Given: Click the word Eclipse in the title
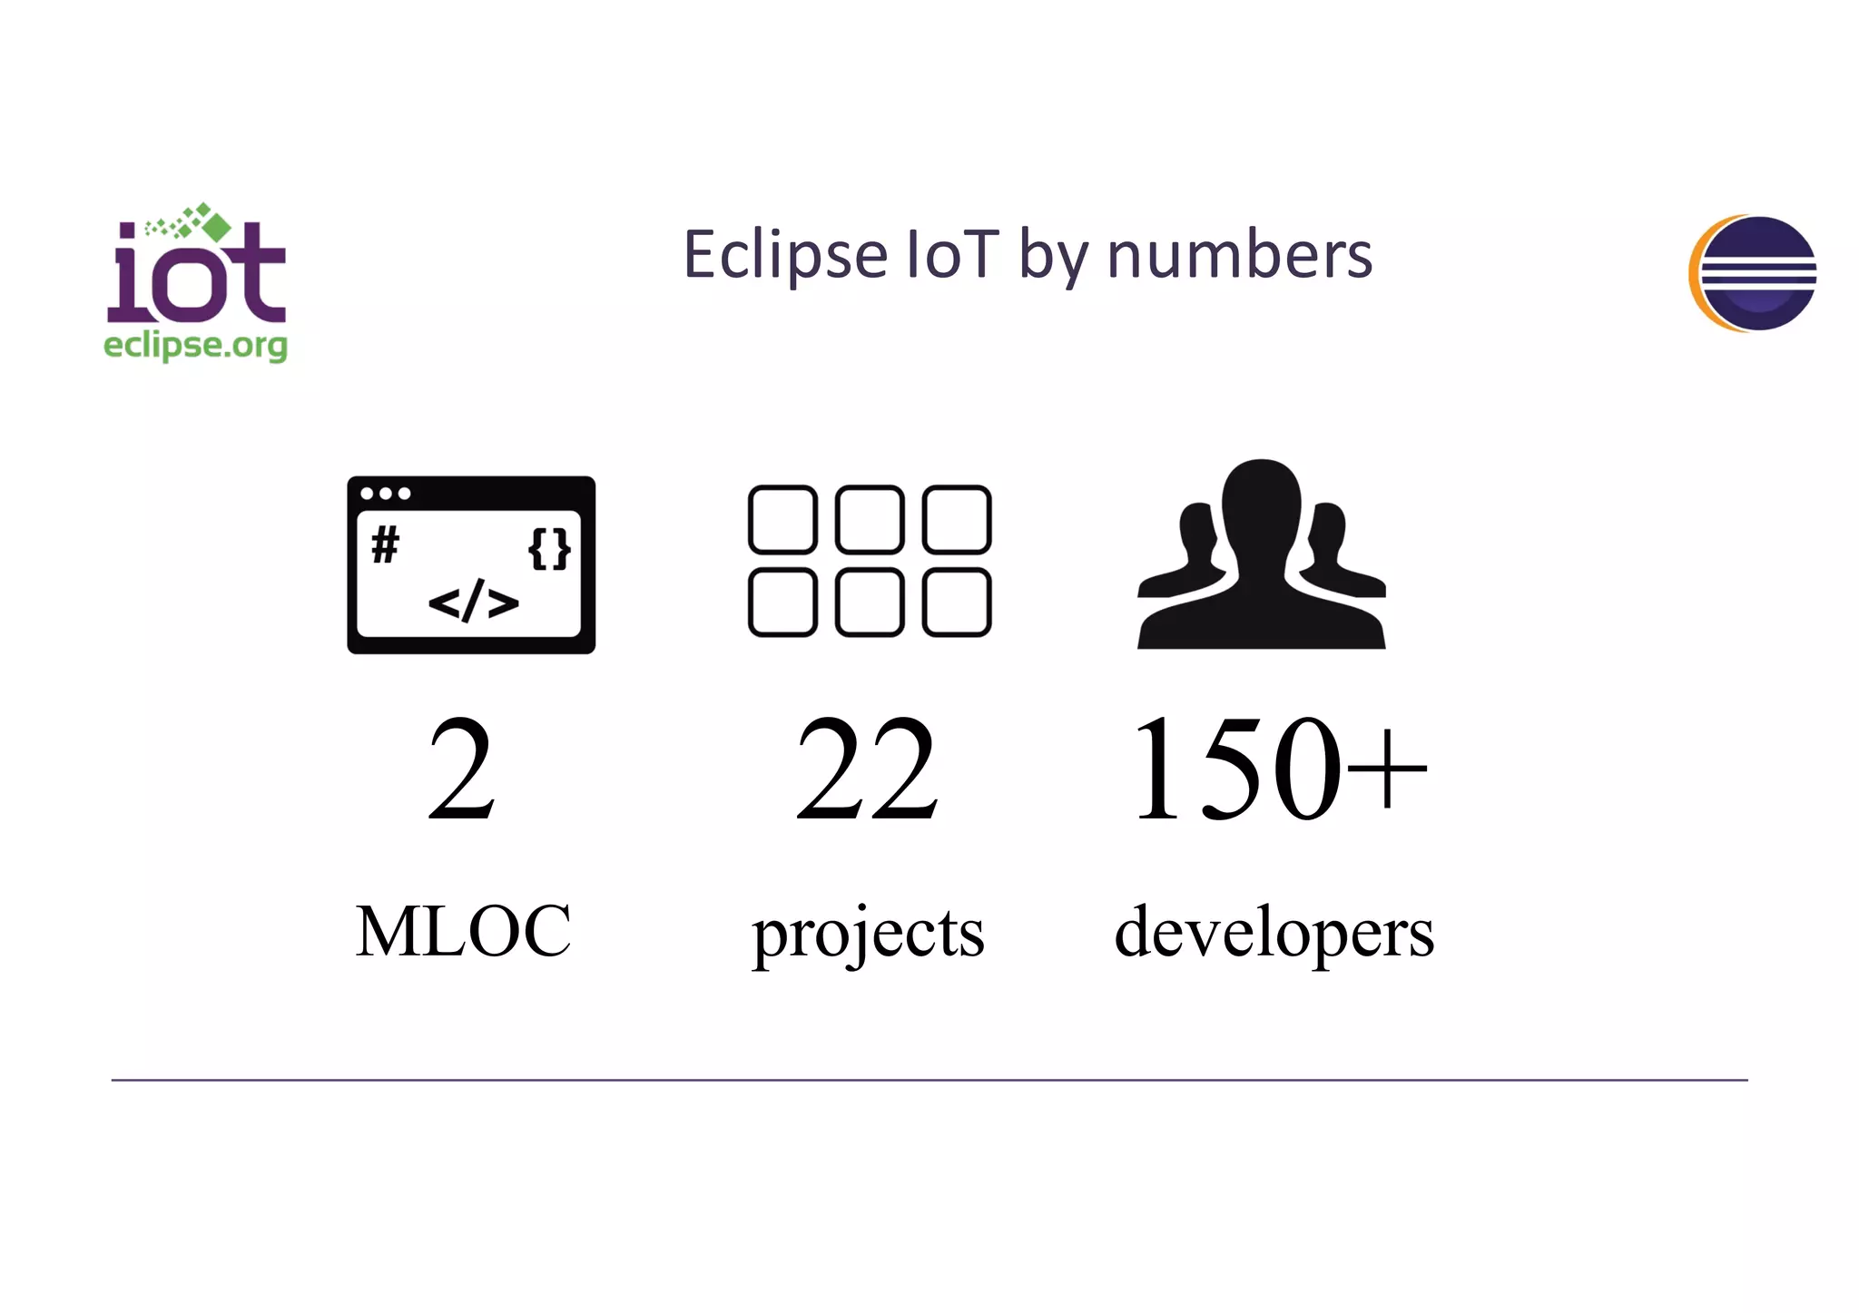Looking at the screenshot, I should coord(785,256).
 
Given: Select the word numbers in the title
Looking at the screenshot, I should coord(1239,256).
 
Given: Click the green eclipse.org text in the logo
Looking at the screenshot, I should coord(195,347).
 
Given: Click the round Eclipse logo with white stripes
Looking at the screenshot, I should coord(1754,273).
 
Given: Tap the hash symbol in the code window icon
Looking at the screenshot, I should coord(385,545).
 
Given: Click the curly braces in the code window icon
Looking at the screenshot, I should coord(549,549).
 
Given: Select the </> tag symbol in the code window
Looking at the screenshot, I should coord(473,602).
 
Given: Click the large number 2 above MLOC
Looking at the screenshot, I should coord(462,769).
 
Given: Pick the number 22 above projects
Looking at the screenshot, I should coord(867,769).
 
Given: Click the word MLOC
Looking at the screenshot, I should coord(463,931).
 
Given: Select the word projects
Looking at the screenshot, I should coord(868,934).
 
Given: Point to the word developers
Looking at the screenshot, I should coord(1274,934).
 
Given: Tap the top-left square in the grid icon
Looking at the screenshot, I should coord(782,520).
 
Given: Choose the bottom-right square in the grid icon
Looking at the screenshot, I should coord(957,603).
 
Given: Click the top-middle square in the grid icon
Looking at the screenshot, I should coord(870,520).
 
